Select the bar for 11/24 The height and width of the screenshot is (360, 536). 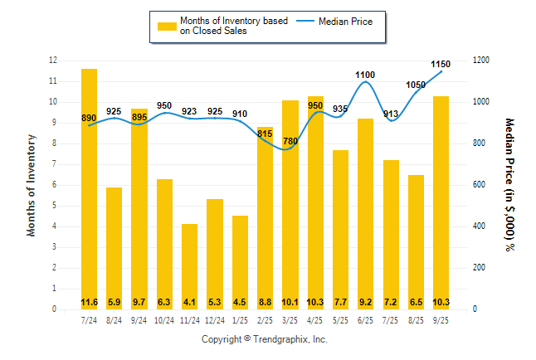(189, 265)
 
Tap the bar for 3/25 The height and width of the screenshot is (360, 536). (290, 204)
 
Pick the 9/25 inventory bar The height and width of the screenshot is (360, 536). (441, 202)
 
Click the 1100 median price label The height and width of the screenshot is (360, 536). (365, 75)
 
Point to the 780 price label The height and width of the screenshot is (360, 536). (290, 142)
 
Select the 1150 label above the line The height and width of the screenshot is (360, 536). (441, 64)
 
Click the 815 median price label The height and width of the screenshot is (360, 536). (265, 133)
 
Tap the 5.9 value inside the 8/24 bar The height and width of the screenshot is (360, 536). (114, 302)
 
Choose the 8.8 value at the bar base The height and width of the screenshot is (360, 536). (265, 302)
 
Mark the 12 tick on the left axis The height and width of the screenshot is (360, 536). (53, 61)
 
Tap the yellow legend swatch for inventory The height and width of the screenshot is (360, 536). (167, 26)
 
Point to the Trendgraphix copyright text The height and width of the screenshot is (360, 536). (265, 340)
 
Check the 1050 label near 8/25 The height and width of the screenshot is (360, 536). (416, 85)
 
